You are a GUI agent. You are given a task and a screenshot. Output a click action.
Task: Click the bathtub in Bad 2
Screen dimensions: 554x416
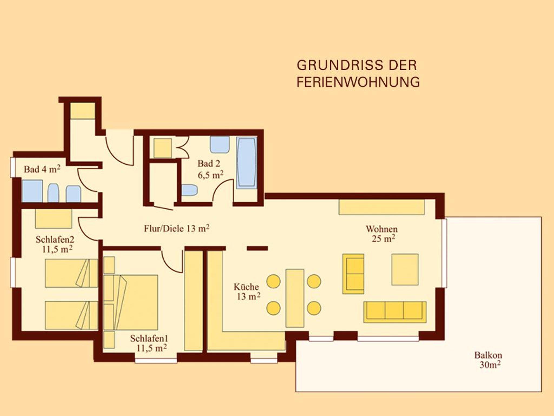(246, 162)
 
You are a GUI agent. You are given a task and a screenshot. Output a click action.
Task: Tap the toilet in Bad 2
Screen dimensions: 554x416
(189, 190)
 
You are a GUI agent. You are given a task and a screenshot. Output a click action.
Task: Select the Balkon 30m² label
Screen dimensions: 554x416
(489, 360)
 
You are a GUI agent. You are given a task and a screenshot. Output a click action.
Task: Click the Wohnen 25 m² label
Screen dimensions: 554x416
(382, 234)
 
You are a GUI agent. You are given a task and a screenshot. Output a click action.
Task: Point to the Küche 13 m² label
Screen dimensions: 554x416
(247, 292)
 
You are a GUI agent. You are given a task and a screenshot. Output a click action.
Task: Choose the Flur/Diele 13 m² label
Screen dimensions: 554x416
(177, 229)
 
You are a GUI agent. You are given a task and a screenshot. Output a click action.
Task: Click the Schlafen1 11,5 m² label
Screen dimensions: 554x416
(150, 343)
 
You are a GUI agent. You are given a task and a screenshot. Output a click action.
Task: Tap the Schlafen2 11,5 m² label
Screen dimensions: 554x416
(55, 244)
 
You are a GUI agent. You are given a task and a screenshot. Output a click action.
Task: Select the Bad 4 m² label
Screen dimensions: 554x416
(42, 169)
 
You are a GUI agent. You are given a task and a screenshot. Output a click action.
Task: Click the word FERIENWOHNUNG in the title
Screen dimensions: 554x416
(358, 82)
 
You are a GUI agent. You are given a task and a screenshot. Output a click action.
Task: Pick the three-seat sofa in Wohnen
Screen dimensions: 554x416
(395, 312)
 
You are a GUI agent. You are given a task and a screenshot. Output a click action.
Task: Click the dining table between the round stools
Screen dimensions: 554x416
(295, 298)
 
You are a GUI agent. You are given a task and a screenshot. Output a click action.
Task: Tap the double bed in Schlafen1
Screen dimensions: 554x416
(131, 302)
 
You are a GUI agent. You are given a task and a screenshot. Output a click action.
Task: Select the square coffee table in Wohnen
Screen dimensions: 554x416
(405, 269)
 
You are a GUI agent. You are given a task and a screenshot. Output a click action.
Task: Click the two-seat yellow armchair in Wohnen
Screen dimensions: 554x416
(353, 274)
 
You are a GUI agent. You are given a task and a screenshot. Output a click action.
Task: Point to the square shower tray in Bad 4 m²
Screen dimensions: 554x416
(32, 191)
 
